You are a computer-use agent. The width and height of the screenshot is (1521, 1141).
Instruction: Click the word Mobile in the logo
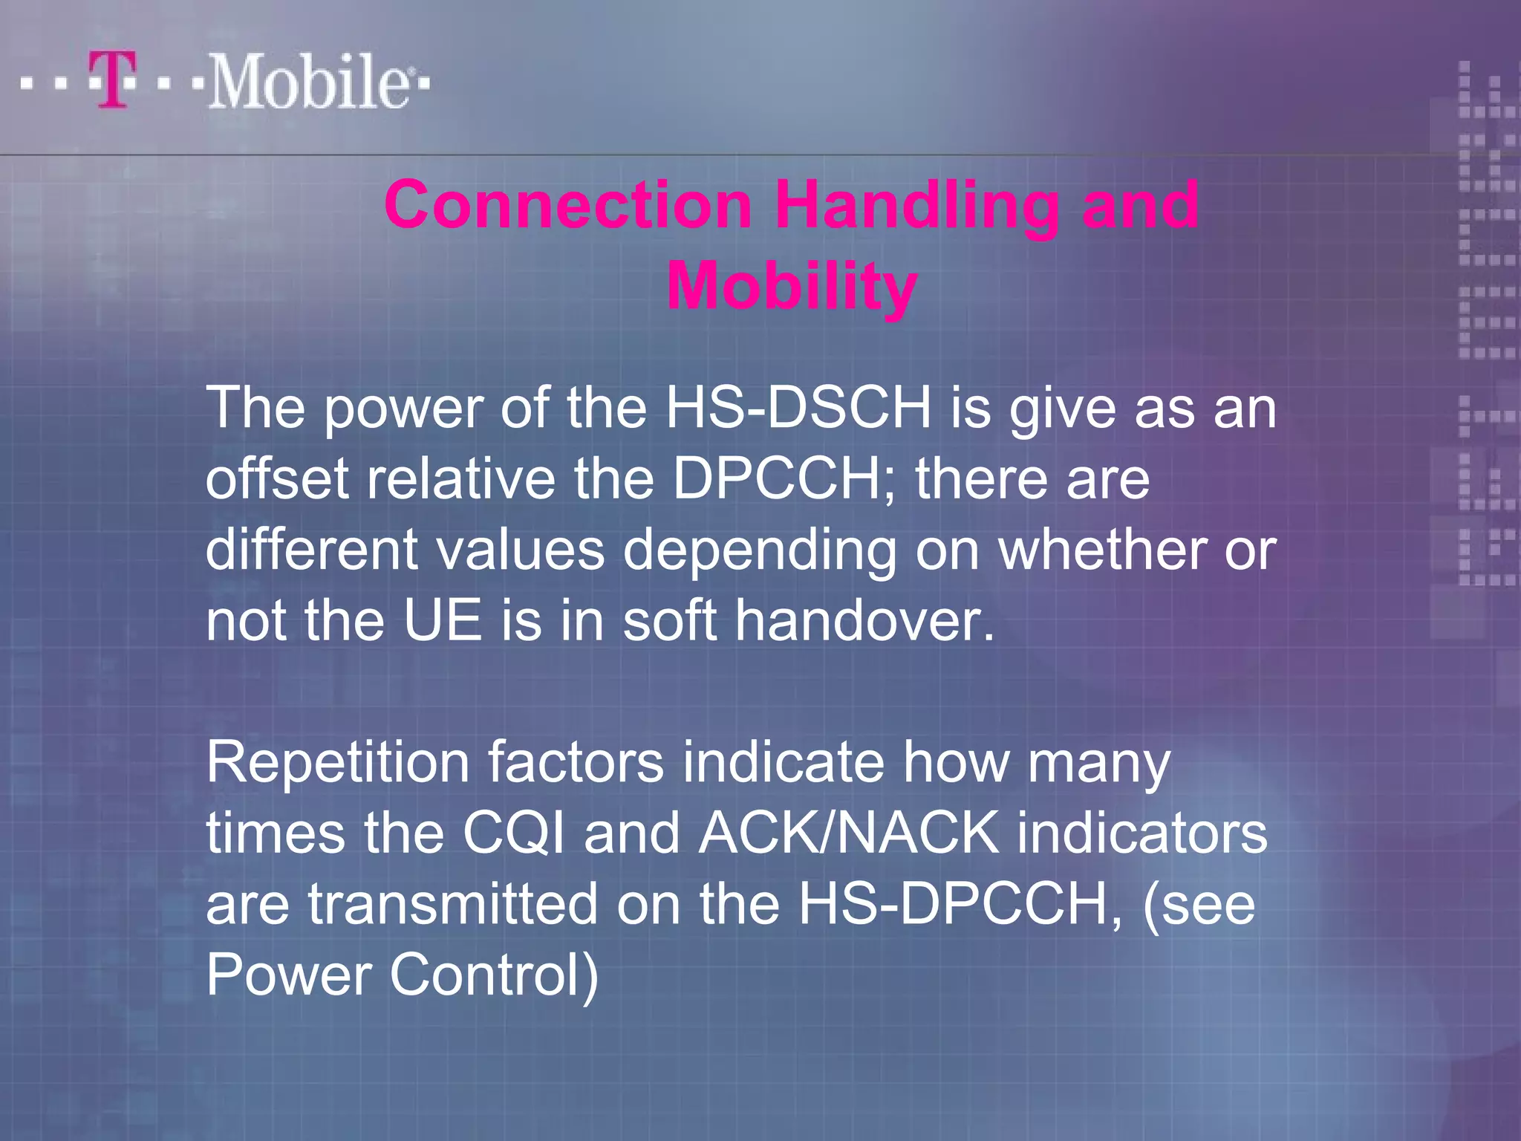(307, 82)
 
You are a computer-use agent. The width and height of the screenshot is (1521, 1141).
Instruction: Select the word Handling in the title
(917, 206)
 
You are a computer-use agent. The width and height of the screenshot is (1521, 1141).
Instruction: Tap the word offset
(277, 478)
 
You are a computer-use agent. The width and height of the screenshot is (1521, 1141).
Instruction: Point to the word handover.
(864, 621)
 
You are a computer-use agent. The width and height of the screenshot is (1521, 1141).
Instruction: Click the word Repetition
(338, 762)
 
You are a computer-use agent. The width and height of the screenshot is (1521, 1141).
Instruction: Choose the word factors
(576, 762)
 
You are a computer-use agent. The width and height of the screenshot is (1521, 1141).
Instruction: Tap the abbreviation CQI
(513, 833)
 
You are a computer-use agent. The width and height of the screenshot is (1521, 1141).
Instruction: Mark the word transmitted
(453, 904)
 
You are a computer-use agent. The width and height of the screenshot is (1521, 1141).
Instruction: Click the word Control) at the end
(494, 975)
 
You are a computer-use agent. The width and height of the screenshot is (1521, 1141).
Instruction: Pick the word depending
(759, 551)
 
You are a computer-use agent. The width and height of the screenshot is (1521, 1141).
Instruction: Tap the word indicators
(1141, 833)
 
